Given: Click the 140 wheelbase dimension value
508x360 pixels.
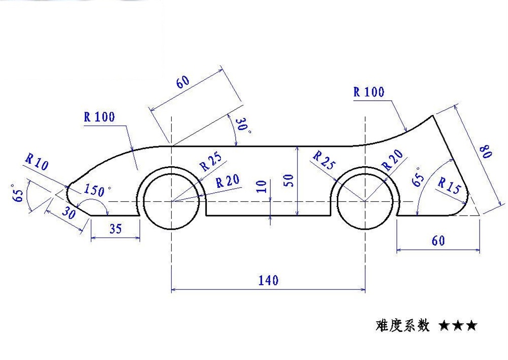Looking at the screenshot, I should pos(268,280).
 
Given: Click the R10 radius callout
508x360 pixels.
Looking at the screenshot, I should pos(36,163).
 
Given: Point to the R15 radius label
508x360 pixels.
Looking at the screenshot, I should pos(449,186).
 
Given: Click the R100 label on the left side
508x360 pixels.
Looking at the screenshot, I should pos(100,117).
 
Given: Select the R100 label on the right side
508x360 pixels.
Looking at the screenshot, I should pos(369,92).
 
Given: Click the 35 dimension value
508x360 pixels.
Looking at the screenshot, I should pos(115,229).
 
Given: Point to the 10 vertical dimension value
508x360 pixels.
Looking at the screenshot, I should pos(262,186).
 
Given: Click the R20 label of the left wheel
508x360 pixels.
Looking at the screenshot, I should pos(228,182).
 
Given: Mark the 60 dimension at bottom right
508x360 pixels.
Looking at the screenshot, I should pos(438,241).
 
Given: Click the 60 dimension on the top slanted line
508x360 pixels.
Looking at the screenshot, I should pos(183,81).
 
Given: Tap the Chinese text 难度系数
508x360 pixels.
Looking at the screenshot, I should pos(403,324).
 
